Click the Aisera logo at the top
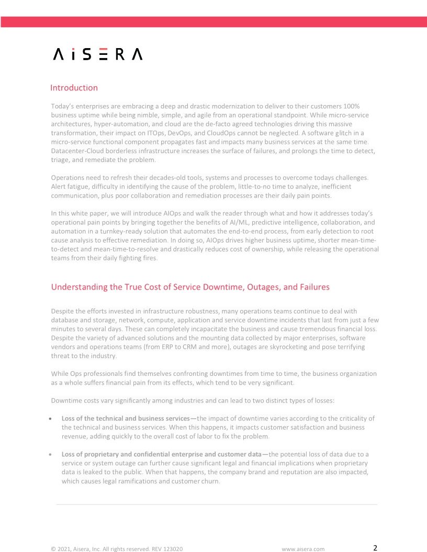98,54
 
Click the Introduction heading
74,88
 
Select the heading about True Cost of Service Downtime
190,287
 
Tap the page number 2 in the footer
375,548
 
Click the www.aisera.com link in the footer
303,549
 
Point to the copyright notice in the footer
116,549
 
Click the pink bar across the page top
213,21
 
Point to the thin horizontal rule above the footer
217,504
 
